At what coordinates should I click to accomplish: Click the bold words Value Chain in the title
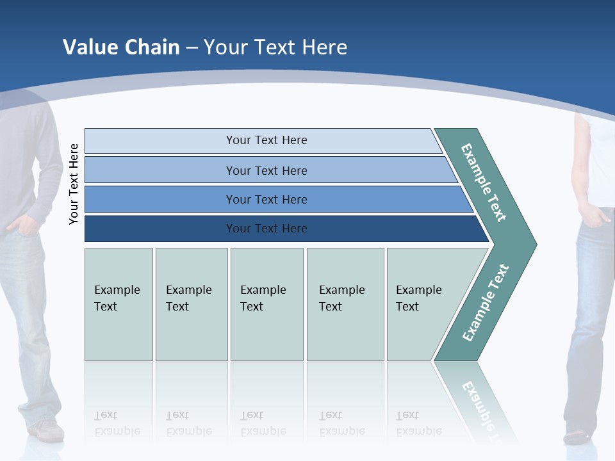coord(121,47)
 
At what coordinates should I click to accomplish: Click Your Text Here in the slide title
coord(275,47)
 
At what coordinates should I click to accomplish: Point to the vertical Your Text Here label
coord(74,184)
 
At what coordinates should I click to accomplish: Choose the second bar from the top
coord(266,170)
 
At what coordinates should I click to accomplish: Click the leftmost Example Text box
coord(119,303)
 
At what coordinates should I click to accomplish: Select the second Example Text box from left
coord(191,303)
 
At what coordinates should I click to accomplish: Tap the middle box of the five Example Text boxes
coord(266,303)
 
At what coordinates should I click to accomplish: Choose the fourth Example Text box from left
coord(345,303)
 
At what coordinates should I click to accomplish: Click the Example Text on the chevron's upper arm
coord(484,182)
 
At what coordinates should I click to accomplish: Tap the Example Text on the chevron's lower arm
coord(485,303)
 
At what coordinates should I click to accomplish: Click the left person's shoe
coord(47,430)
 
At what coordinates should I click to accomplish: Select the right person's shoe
coord(577,437)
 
